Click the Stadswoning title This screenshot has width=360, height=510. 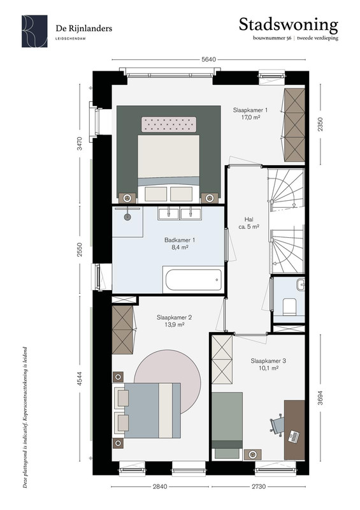288,25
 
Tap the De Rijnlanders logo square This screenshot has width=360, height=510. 34,31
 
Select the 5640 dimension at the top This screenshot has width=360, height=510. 208,59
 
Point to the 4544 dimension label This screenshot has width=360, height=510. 80,379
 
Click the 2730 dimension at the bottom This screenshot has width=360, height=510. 259,486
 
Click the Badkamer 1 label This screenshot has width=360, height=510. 180,240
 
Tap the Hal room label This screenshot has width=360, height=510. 248,219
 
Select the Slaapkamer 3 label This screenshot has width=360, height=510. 268,361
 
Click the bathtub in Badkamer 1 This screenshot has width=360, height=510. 194,280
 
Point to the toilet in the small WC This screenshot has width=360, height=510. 289,307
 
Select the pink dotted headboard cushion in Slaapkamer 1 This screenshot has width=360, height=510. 169,124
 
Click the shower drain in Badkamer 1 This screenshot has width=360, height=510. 127,217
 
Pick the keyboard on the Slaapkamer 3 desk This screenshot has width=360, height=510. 294,437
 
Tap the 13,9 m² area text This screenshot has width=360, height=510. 175,324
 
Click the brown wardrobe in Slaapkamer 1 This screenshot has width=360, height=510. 294,125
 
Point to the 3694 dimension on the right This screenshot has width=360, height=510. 320,397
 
